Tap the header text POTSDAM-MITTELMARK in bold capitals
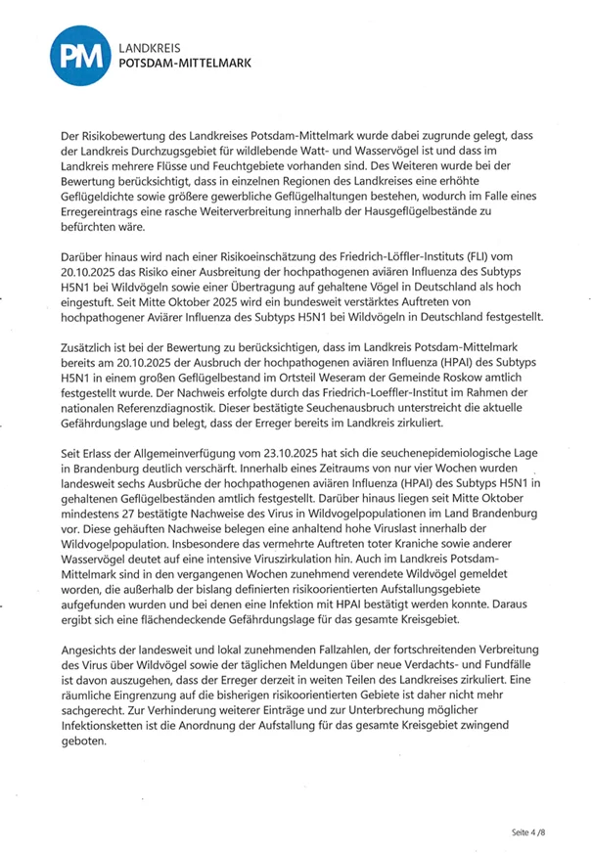coord(182,63)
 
